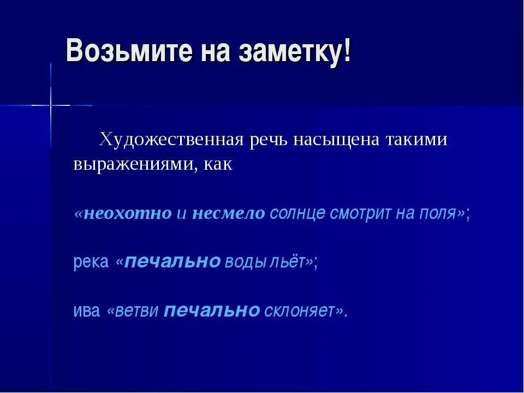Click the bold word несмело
(x=228, y=213)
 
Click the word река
(x=91, y=263)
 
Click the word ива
(x=87, y=311)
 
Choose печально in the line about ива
(x=212, y=311)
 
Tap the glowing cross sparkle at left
(x=51, y=104)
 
